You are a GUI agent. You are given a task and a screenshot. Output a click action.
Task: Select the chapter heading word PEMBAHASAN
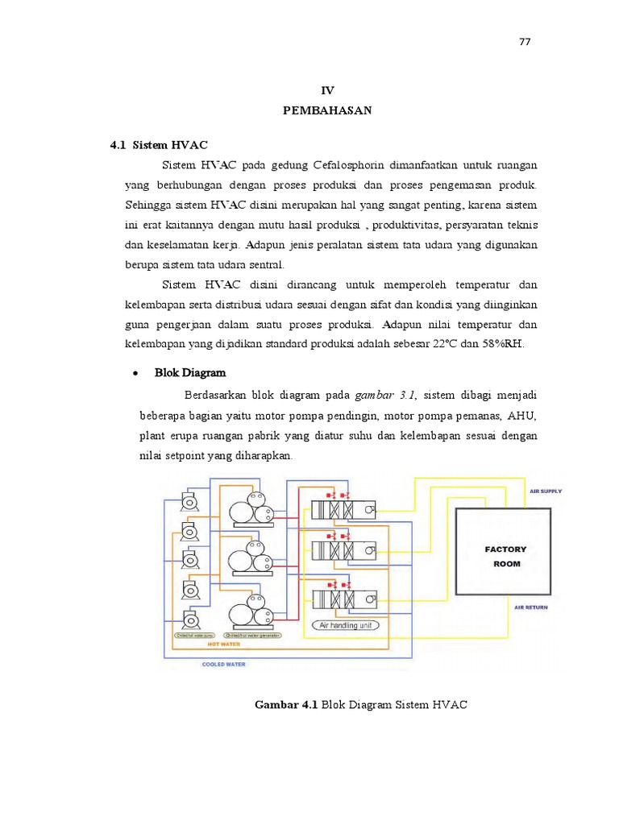[x=327, y=111]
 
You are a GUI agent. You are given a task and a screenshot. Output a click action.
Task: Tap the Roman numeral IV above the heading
[x=327, y=91]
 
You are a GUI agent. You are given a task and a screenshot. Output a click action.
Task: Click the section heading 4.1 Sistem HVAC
[x=159, y=145]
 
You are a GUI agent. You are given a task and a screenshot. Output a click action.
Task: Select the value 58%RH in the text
[x=504, y=344]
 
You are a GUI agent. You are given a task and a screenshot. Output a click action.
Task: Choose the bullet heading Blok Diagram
[x=190, y=373]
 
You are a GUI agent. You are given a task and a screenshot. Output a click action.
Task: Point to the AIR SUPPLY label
[x=546, y=491]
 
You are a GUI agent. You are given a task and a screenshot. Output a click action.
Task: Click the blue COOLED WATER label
[x=223, y=665]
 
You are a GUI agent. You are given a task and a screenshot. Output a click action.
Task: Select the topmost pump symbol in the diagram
[x=191, y=501]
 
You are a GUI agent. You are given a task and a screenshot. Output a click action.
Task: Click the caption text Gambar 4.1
[x=286, y=705]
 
